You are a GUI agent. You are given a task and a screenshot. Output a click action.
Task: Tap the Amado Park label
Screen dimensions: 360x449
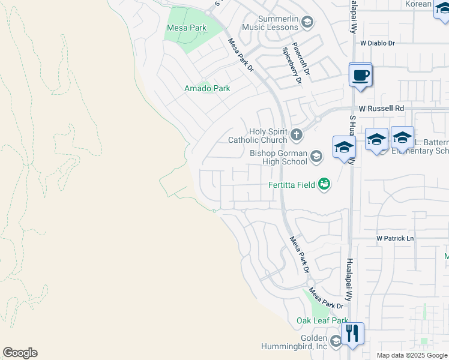click(206, 88)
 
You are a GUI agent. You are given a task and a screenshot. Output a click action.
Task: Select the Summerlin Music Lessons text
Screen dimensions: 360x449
click(270, 23)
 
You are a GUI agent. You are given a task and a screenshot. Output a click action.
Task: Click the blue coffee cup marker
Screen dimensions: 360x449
click(360, 76)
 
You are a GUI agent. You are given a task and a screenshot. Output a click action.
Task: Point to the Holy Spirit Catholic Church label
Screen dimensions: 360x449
click(258, 136)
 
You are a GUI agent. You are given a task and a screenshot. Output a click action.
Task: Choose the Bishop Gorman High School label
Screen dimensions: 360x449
click(278, 157)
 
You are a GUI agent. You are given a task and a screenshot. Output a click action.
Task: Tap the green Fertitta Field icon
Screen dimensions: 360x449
click(324, 184)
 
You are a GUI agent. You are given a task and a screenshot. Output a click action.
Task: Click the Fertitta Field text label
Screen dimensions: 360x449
click(291, 185)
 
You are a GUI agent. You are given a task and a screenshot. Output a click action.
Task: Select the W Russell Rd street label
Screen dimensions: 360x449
click(381, 109)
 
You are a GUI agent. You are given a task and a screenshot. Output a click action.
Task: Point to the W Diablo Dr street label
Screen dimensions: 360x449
click(378, 43)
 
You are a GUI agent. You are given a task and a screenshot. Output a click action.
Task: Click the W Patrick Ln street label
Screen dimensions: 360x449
click(395, 238)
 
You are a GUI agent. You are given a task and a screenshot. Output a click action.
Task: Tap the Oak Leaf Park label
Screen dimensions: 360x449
click(322, 320)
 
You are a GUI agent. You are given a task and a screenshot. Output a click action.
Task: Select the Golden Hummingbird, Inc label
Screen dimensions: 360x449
click(294, 342)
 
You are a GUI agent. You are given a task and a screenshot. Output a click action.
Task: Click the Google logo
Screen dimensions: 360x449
click(20, 353)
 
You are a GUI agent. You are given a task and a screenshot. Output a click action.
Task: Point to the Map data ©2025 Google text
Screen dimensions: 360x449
click(411, 355)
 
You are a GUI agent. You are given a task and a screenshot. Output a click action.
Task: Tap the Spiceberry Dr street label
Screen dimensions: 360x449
click(289, 67)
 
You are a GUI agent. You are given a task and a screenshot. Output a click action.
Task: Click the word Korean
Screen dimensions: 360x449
click(418, 4)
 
